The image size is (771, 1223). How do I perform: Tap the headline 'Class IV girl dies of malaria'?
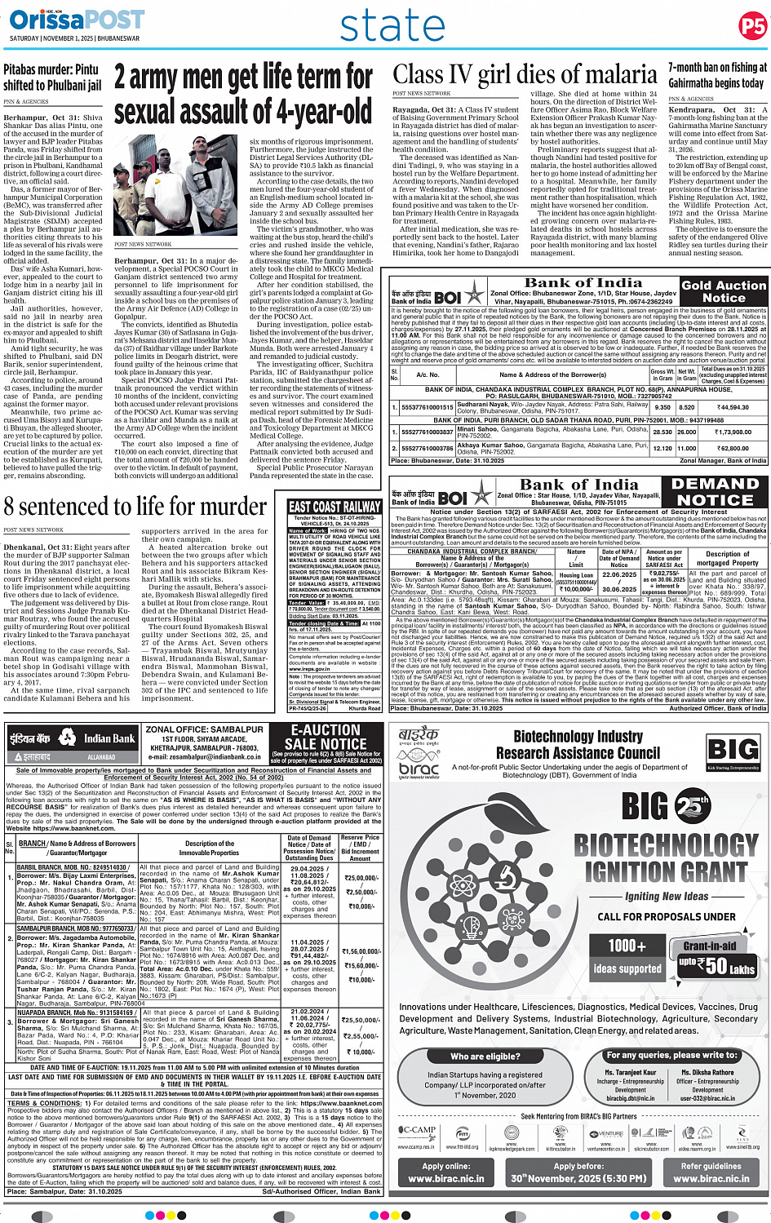tap(525, 75)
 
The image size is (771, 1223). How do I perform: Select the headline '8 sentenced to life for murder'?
tap(135, 507)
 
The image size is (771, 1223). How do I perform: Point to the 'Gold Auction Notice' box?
tap(724, 291)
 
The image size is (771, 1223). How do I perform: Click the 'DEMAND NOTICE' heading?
tap(716, 491)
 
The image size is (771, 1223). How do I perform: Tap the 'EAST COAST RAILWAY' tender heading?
tap(335, 507)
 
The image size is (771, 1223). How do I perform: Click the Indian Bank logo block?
tap(72, 742)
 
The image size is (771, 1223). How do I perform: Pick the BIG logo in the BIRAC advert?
tap(732, 751)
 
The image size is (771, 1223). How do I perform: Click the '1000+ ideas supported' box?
tap(627, 957)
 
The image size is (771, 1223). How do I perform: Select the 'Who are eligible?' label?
tap(485, 1056)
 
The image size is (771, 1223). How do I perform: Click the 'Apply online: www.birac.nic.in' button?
tap(445, 1172)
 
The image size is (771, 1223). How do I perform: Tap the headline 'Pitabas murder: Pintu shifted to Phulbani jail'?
tap(52, 78)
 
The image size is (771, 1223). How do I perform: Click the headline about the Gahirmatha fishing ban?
tap(717, 75)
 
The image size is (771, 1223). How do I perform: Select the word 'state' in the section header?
tap(392, 26)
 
